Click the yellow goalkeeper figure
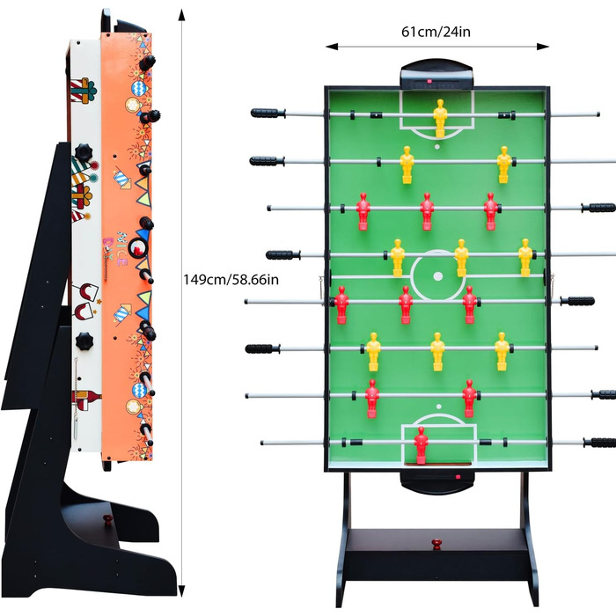tap(439, 117)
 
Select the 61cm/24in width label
tap(438, 32)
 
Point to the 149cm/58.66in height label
tap(231, 279)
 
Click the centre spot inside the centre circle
tap(437, 275)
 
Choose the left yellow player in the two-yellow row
tap(407, 163)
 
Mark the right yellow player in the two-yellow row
tap(503, 163)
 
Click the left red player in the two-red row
tap(372, 398)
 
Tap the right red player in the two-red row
tap(469, 398)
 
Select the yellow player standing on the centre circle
tap(461, 257)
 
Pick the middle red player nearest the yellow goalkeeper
tap(427, 210)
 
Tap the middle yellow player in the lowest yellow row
tap(437, 350)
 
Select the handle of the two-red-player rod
tap(604, 395)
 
